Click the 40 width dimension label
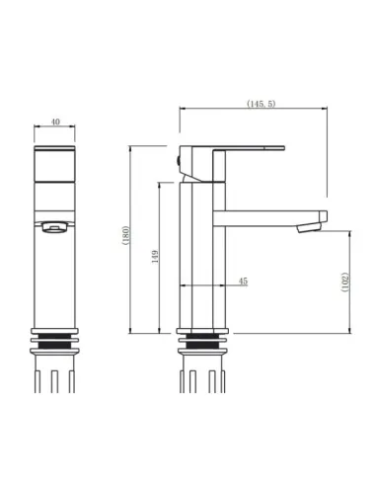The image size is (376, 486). coord(55,122)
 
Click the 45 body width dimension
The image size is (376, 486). coord(216,282)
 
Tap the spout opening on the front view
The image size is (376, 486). coord(55,227)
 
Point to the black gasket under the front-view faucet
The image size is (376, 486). coord(55,342)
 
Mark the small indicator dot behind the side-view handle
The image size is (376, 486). coord(179,159)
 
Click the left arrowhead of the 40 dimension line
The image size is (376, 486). coord(38,128)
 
